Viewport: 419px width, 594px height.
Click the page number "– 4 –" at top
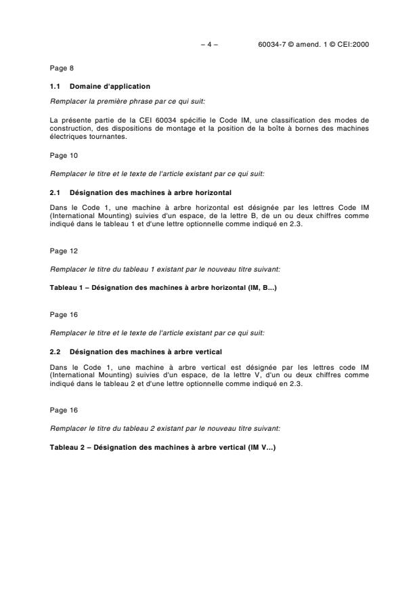coord(210,45)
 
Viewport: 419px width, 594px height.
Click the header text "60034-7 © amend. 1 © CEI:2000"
coord(313,45)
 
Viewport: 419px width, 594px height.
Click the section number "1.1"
coord(56,86)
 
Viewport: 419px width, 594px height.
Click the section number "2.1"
coord(56,192)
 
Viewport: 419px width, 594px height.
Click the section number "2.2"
coord(56,351)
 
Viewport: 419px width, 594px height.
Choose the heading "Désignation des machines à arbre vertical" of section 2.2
coord(146,351)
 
